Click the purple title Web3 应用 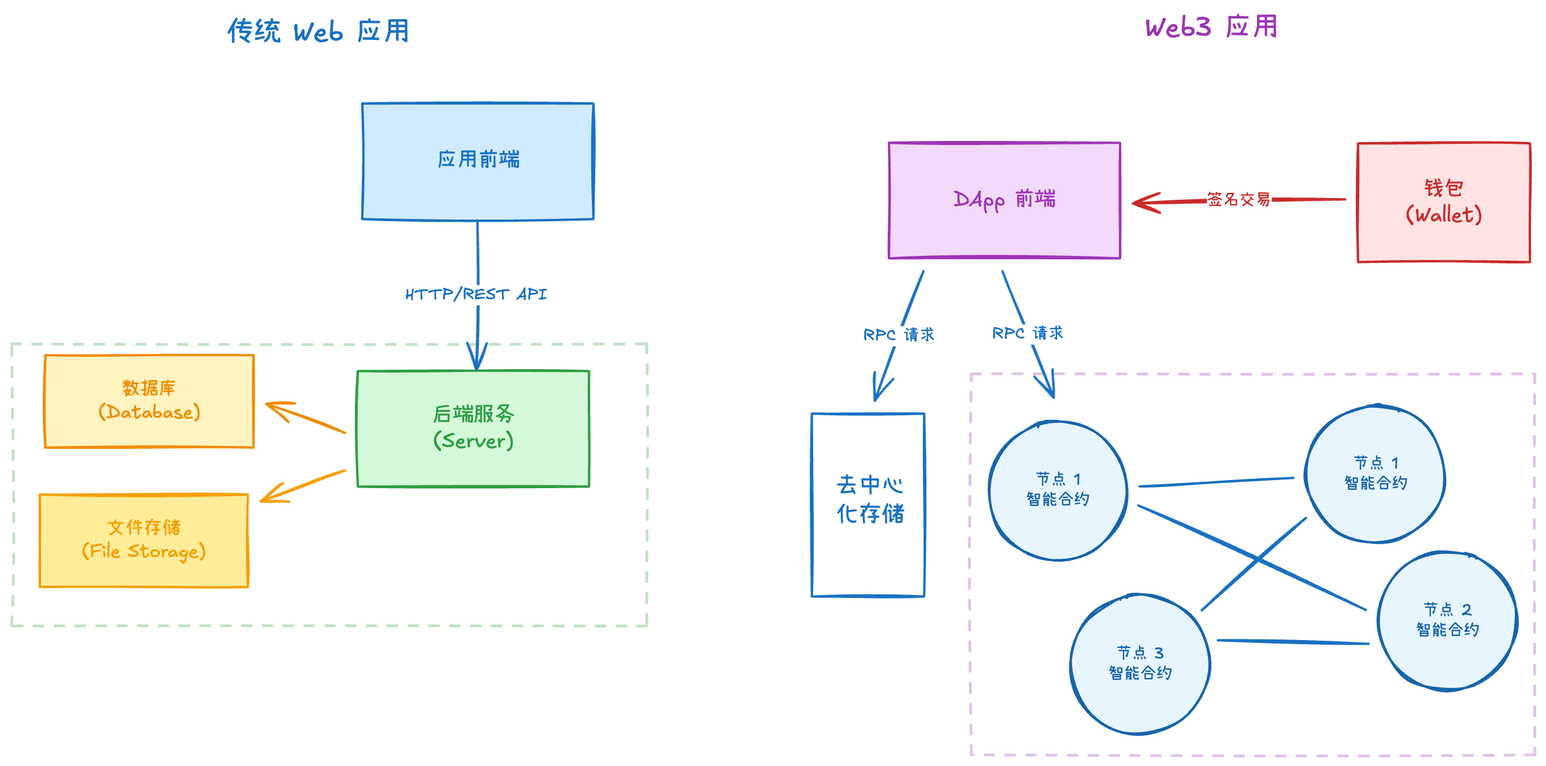tap(1211, 28)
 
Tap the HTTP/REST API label tap(476, 295)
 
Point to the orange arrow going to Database tap(306, 418)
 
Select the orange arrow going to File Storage tap(303, 486)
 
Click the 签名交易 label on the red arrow tap(1239, 199)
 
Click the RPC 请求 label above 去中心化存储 tap(899, 334)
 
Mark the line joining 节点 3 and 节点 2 tap(1293, 642)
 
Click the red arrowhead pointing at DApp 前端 tap(1143, 203)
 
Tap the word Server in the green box tap(474, 441)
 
